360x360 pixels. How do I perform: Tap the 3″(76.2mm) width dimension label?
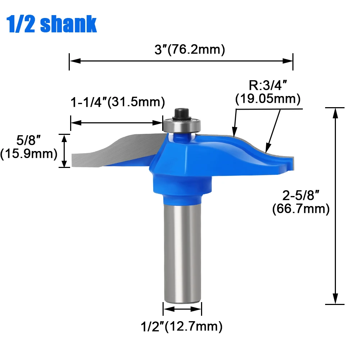point(190,50)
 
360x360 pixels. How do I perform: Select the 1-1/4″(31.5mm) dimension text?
point(117,102)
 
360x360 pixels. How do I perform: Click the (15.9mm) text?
point(29,154)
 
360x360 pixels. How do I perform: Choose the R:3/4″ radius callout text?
point(268,86)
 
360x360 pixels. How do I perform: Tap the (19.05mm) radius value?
point(268,98)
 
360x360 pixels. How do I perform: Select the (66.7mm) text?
point(301,209)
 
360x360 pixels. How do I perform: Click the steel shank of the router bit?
point(182,252)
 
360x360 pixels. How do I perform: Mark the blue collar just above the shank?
point(182,198)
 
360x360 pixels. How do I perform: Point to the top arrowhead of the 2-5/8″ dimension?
point(336,112)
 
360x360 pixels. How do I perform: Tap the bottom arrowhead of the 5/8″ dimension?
point(64,164)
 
